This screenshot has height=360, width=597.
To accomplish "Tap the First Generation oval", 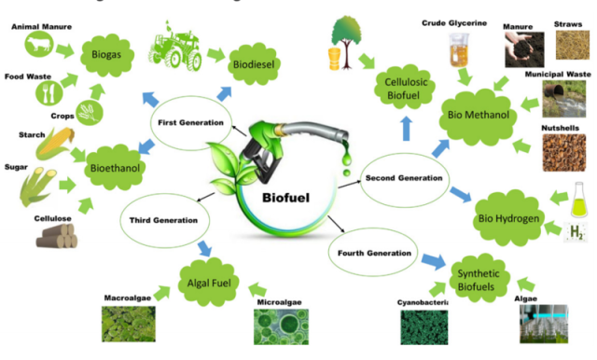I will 189,123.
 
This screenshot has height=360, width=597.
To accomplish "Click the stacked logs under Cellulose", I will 57,237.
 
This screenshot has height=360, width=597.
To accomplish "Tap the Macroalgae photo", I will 130,323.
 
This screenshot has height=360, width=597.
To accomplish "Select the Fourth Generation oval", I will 370,253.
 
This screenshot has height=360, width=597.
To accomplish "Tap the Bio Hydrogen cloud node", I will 510,217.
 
